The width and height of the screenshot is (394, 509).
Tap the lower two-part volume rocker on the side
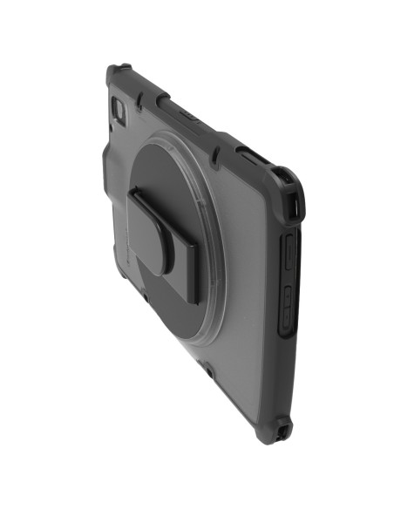click(287, 307)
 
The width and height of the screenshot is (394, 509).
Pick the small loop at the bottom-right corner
click(283, 431)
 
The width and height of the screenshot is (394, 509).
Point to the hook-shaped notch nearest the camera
click(160, 101)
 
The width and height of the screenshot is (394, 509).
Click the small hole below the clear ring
click(209, 371)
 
